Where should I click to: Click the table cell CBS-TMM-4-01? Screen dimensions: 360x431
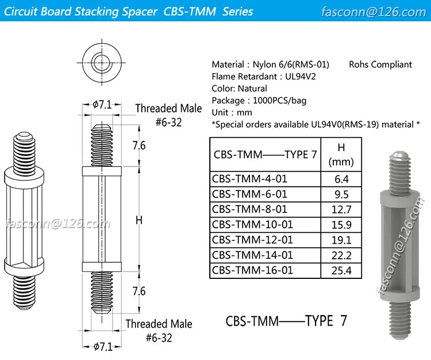(249, 179)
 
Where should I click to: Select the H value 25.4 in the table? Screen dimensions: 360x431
(341, 270)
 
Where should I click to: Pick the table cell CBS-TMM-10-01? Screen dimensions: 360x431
(252, 224)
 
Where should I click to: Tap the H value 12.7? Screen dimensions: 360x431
(341, 209)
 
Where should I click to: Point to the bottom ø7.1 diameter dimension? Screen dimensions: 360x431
(103, 346)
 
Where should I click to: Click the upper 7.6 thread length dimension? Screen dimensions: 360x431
(138, 145)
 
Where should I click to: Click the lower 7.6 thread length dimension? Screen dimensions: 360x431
(138, 292)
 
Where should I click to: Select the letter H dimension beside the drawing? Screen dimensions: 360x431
(138, 219)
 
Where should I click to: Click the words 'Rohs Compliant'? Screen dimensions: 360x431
(380, 64)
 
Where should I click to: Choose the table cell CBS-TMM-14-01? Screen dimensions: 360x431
(252, 255)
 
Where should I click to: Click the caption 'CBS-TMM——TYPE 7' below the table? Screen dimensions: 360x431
(286, 320)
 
